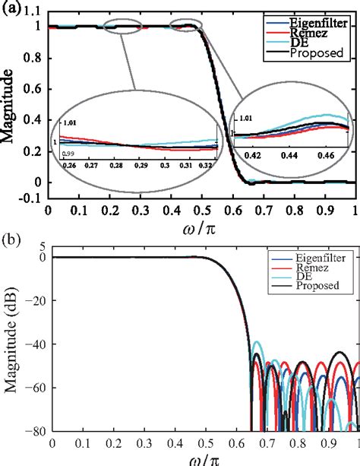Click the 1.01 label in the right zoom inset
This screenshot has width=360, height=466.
[245, 119]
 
